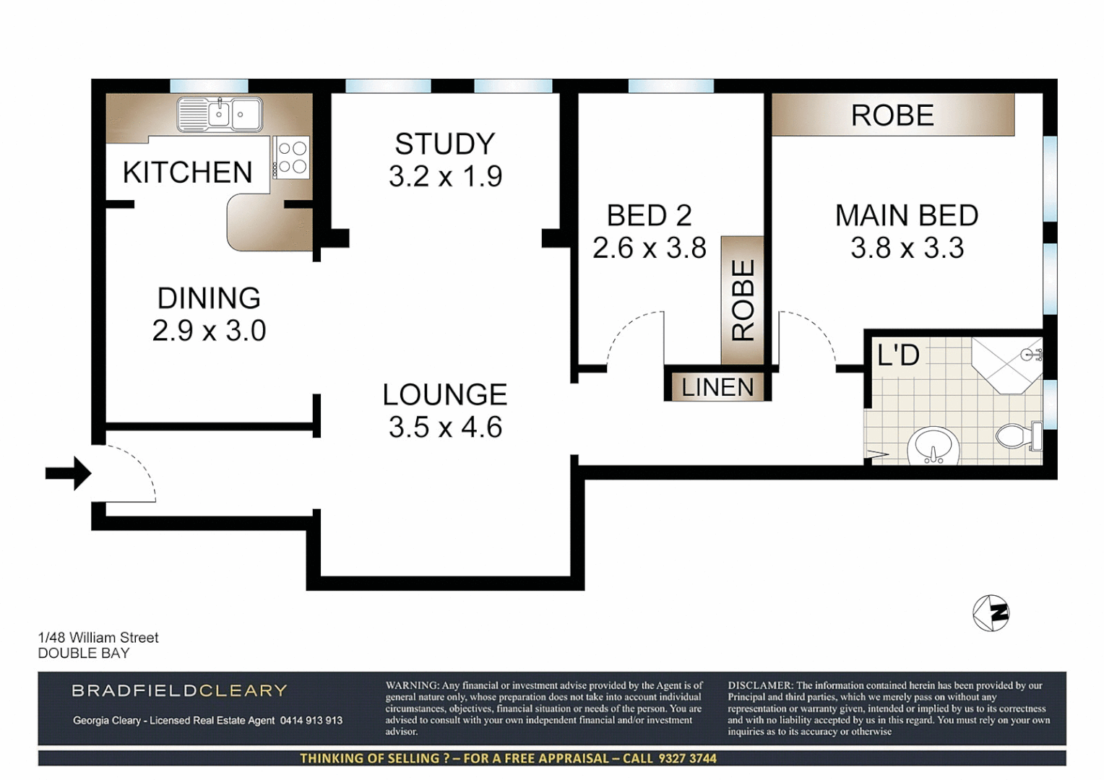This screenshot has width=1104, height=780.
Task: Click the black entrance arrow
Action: pyautogui.click(x=68, y=474)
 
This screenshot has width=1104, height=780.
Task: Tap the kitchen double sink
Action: pyautogui.click(x=220, y=114)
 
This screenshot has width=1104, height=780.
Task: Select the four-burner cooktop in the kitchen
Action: pyautogui.click(x=292, y=157)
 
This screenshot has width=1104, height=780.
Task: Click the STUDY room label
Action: pyautogui.click(x=445, y=144)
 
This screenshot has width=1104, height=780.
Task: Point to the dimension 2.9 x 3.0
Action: pyautogui.click(x=209, y=331)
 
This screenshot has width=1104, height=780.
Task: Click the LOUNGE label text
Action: pyautogui.click(x=445, y=395)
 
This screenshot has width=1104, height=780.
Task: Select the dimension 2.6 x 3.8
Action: pyautogui.click(x=649, y=248)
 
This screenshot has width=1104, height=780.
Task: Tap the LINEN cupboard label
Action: pyautogui.click(x=717, y=387)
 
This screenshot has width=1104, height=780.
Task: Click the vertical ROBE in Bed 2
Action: pyautogui.click(x=743, y=300)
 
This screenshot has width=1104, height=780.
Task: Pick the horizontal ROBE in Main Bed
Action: pyautogui.click(x=892, y=116)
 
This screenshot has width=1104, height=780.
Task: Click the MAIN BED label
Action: pyautogui.click(x=907, y=215)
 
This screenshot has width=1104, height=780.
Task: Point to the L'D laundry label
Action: pyautogui.click(x=898, y=355)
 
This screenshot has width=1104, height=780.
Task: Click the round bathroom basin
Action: pyautogui.click(x=934, y=444)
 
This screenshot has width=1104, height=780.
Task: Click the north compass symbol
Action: pyautogui.click(x=991, y=613)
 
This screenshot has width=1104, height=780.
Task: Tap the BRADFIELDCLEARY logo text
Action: pyautogui.click(x=179, y=690)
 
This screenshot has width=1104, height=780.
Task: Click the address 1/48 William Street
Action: pyautogui.click(x=98, y=638)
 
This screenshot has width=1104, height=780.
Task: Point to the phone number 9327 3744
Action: pyautogui.click(x=687, y=758)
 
